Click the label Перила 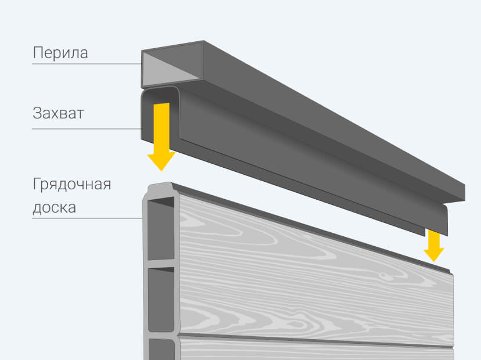click(x=60, y=53)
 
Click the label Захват click(x=58, y=113)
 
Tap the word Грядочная click(x=71, y=186)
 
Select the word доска click(x=54, y=207)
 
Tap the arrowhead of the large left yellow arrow click(x=161, y=160)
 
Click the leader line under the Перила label click(x=87, y=64)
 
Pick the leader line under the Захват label click(x=87, y=128)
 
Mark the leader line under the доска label click(x=87, y=218)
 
